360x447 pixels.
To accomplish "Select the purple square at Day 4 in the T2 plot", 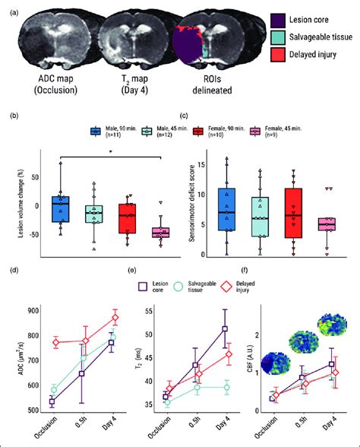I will pos(225,328).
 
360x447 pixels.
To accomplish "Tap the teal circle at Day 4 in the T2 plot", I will pos(225,388).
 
